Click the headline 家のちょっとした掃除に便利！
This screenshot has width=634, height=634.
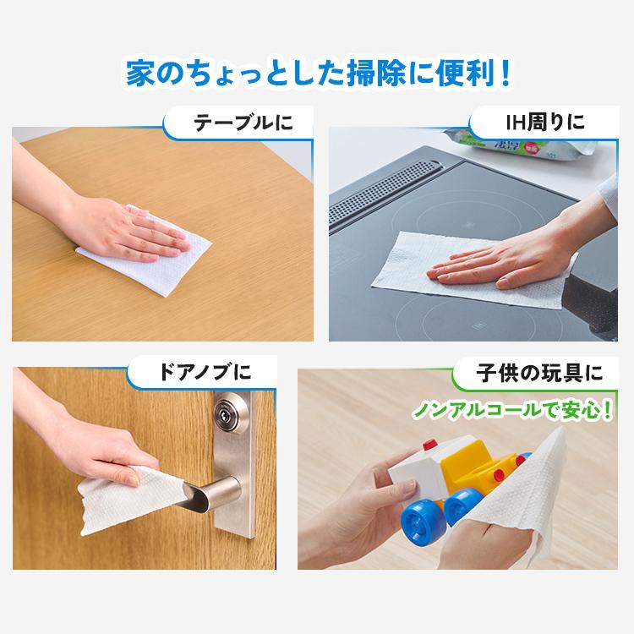[317, 72]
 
